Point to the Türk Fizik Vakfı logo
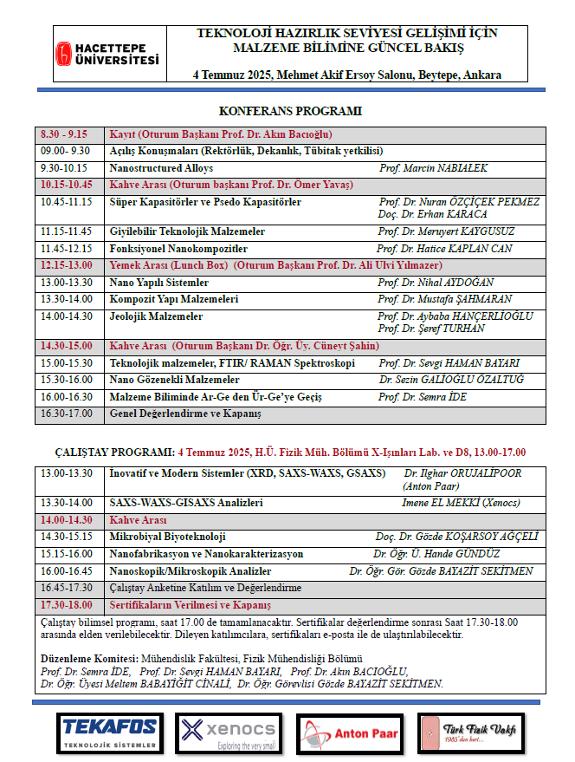[469, 733]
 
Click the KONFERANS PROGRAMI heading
[290, 111]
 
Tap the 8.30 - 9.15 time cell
[65, 135]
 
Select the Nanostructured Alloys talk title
[162, 168]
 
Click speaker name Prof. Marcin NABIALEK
[433, 168]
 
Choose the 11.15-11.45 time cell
[67, 232]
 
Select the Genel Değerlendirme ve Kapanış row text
[185, 414]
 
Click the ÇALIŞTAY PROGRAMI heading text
[109, 452]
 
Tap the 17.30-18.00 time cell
[67, 605]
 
